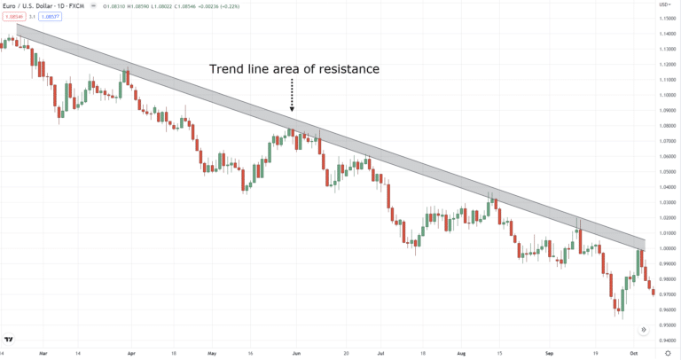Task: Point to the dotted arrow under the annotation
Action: point(292,96)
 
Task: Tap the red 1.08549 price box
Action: point(13,18)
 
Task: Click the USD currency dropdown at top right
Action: point(662,5)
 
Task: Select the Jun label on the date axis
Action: point(296,352)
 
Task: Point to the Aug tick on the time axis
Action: point(460,352)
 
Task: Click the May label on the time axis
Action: point(211,352)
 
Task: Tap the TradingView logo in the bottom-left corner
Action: point(9,339)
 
